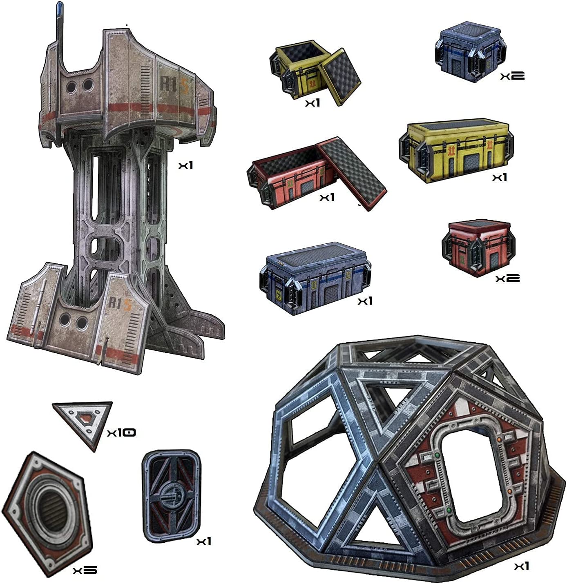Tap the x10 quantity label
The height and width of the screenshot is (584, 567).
121,432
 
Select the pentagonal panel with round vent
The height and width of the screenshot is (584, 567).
48,512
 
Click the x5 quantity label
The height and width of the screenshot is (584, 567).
85,570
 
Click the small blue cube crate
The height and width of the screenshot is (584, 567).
469,52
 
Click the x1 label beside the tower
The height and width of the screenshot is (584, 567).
185,165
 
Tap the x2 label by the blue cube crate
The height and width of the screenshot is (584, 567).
512,76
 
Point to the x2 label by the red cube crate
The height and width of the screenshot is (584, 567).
507,279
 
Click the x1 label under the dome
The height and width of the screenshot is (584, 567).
521,566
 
